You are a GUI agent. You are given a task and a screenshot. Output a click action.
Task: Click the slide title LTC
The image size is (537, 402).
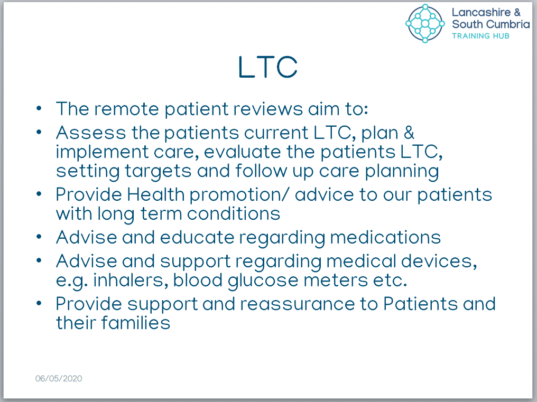tap(268, 67)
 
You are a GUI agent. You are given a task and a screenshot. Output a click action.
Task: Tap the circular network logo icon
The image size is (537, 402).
tap(425, 23)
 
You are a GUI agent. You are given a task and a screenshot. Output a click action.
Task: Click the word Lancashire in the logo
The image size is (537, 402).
tap(481, 12)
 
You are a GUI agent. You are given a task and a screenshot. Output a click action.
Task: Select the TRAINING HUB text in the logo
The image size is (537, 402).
tap(480, 36)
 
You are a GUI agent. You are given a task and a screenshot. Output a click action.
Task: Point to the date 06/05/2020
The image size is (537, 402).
tap(59, 378)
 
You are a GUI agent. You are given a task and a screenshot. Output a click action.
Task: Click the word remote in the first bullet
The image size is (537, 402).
tap(127, 109)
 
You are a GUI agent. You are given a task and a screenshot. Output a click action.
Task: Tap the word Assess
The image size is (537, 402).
tap(91, 133)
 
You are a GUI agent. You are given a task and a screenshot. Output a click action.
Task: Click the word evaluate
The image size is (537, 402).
tap(243, 152)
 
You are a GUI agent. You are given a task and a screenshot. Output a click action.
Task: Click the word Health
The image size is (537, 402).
tap(156, 194)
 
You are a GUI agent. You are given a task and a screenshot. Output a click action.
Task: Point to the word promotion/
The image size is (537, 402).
tap(239, 195)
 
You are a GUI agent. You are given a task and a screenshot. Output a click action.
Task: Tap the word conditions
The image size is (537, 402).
tap(234, 213)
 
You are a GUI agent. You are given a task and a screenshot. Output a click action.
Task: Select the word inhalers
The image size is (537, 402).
tap(131, 281)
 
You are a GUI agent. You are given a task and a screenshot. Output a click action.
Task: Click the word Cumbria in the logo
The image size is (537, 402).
tap(508, 24)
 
